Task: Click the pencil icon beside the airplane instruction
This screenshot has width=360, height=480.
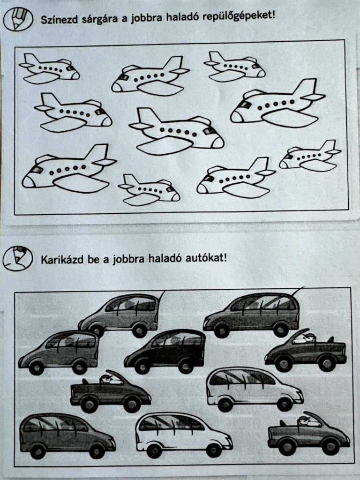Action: (18, 19)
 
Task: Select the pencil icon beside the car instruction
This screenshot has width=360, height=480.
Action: (18, 258)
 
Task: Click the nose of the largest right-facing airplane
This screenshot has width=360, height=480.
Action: (218, 142)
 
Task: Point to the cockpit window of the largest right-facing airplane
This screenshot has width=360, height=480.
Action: (209, 131)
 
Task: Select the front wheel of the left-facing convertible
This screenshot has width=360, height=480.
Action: (284, 363)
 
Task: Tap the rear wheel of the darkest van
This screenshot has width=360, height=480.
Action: (186, 366)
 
